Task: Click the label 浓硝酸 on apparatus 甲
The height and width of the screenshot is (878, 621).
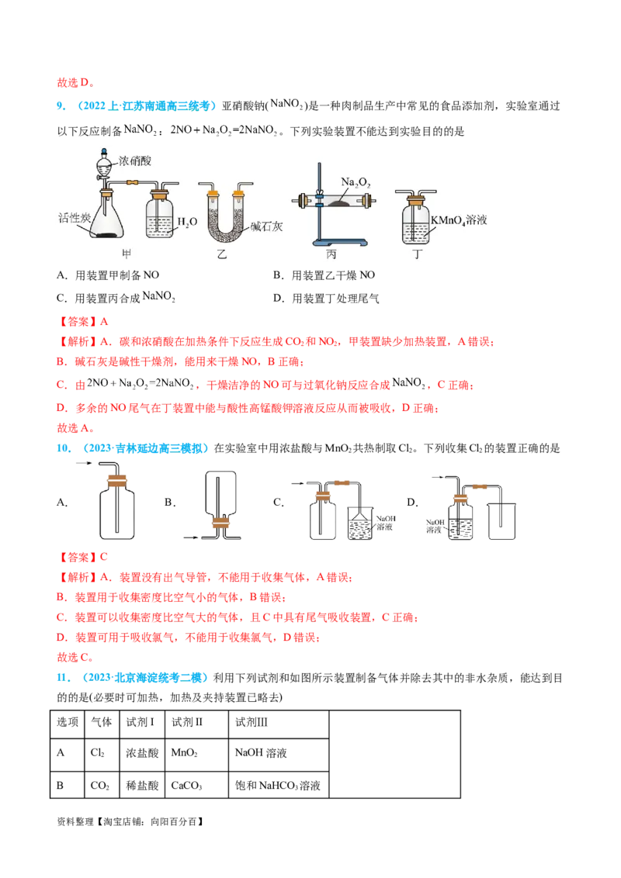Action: click(134, 161)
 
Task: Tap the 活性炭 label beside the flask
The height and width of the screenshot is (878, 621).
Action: click(75, 218)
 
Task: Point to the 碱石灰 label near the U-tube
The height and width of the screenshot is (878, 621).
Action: click(266, 226)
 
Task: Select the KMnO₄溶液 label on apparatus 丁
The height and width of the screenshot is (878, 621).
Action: click(459, 220)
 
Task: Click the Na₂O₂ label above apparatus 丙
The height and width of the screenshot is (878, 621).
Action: click(356, 182)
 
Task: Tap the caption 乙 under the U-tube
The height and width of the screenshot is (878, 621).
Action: click(222, 254)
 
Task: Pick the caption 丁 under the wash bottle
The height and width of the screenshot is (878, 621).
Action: click(416, 254)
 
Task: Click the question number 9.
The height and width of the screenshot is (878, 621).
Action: click(61, 105)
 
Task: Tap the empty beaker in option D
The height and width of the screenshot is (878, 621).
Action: click(501, 521)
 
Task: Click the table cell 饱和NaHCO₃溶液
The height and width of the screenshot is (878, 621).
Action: click(278, 785)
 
